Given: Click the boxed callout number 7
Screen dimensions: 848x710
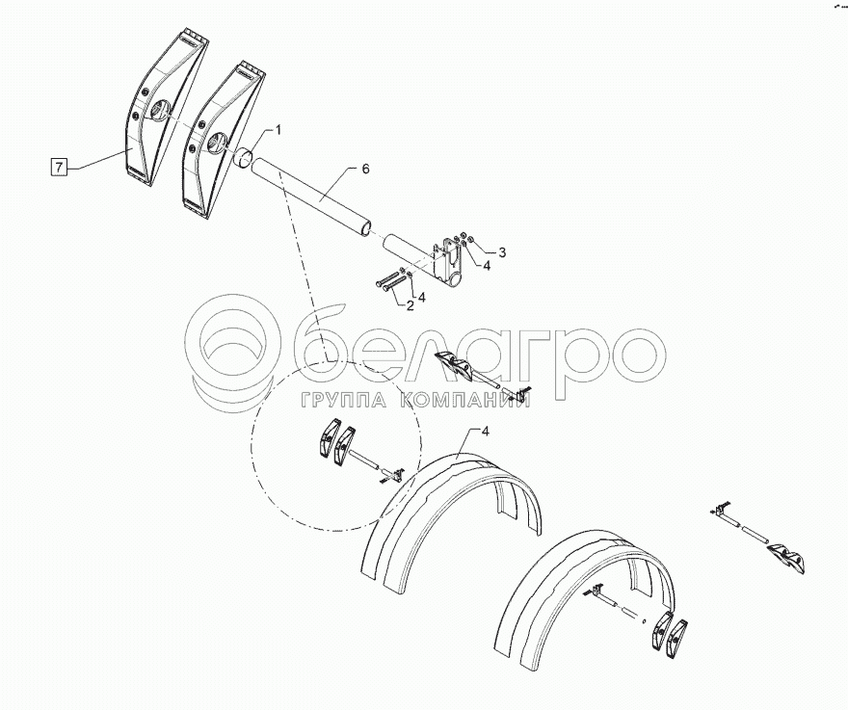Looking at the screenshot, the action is click(x=59, y=167).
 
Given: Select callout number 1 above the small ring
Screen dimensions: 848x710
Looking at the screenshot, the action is click(x=278, y=130).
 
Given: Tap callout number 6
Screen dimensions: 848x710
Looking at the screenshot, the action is click(x=365, y=170).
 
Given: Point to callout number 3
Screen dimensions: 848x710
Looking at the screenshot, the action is click(x=502, y=252).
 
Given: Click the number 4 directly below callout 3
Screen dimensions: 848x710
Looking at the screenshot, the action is click(x=487, y=266).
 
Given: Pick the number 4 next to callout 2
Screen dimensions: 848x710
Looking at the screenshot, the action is click(x=422, y=297).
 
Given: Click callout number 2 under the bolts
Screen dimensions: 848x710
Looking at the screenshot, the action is click(x=410, y=306).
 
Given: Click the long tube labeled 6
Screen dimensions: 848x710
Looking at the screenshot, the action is click(x=312, y=197).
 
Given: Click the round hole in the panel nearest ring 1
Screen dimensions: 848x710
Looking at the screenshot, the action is click(x=216, y=144).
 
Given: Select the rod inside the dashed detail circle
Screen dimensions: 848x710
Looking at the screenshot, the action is click(x=365, y=460).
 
